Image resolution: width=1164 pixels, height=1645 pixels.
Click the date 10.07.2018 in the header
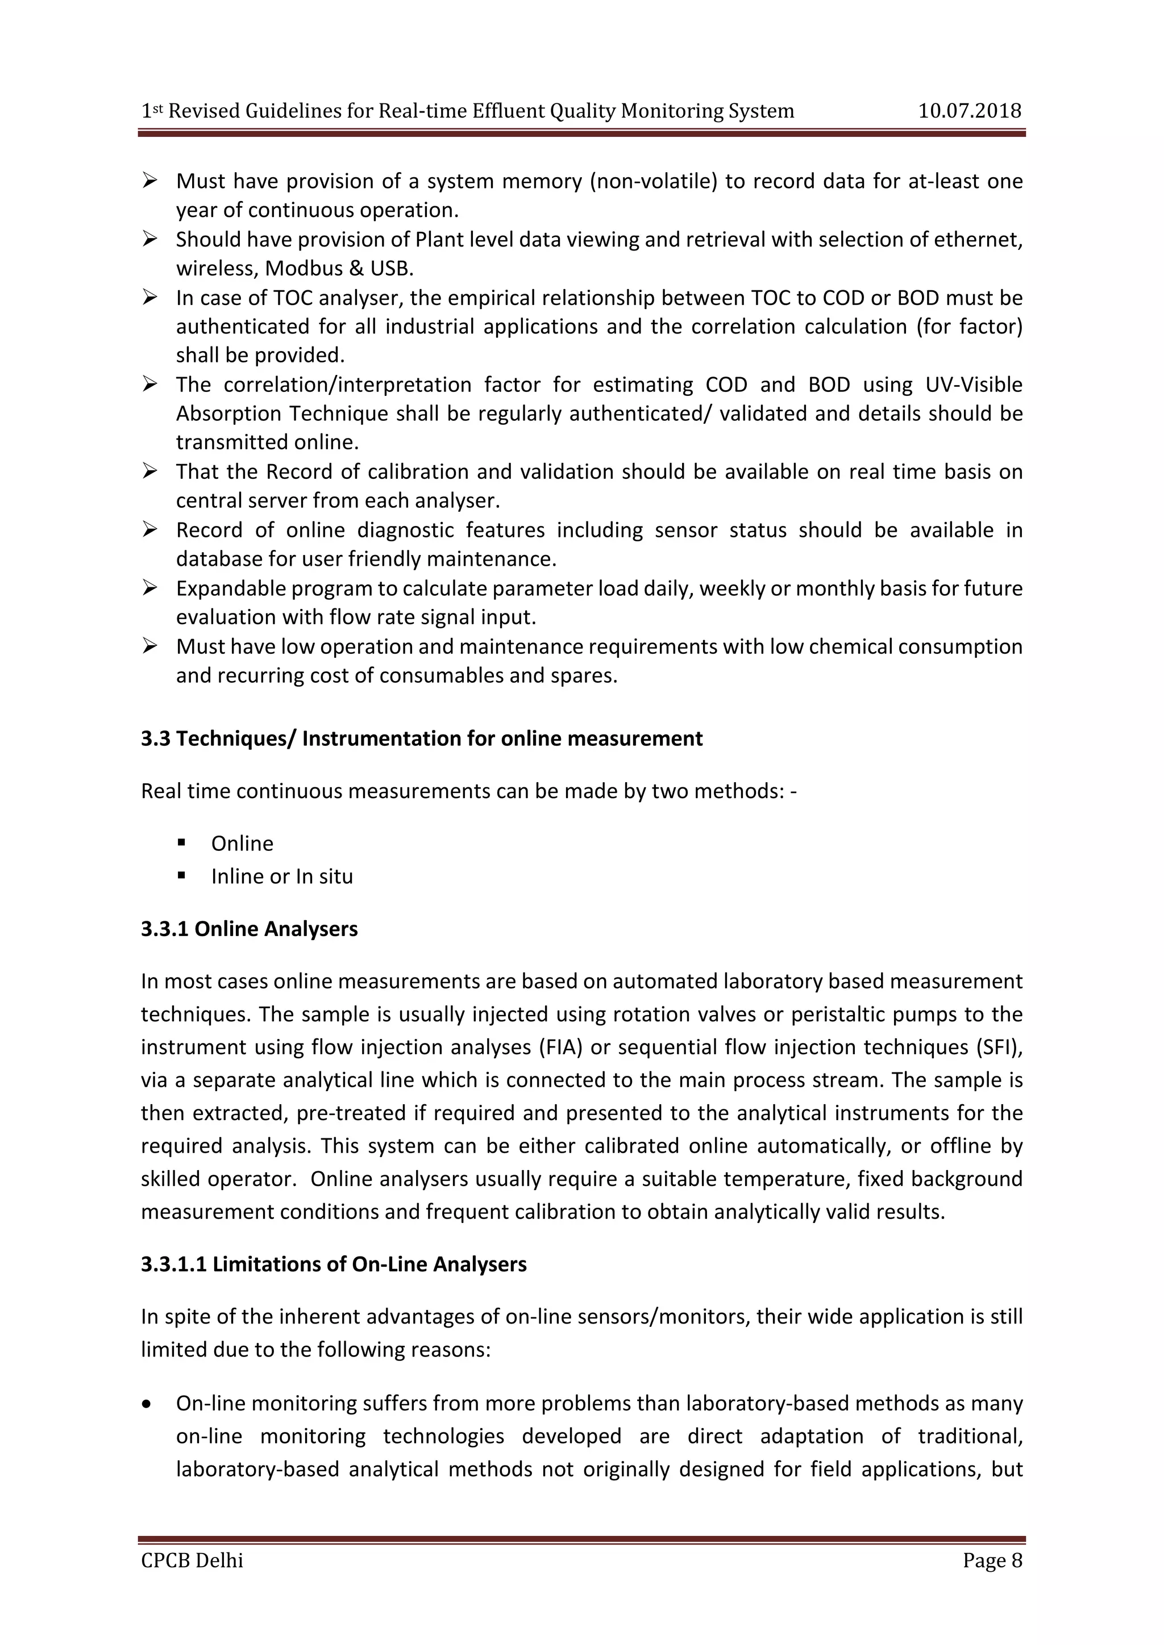[x=969, y=111]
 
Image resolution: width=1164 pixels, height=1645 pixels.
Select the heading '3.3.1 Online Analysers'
[x=249, y=929]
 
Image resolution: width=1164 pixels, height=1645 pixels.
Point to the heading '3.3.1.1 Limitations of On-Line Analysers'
[x=333, y=1264]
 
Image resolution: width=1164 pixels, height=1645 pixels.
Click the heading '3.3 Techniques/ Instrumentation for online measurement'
[x=422, y=738]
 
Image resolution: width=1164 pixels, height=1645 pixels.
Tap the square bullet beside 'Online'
[x=181, y=842]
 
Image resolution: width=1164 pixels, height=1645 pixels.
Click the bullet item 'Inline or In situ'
[x=282, y=876]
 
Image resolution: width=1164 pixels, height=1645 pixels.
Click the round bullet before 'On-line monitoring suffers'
[x=147, y=1404]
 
